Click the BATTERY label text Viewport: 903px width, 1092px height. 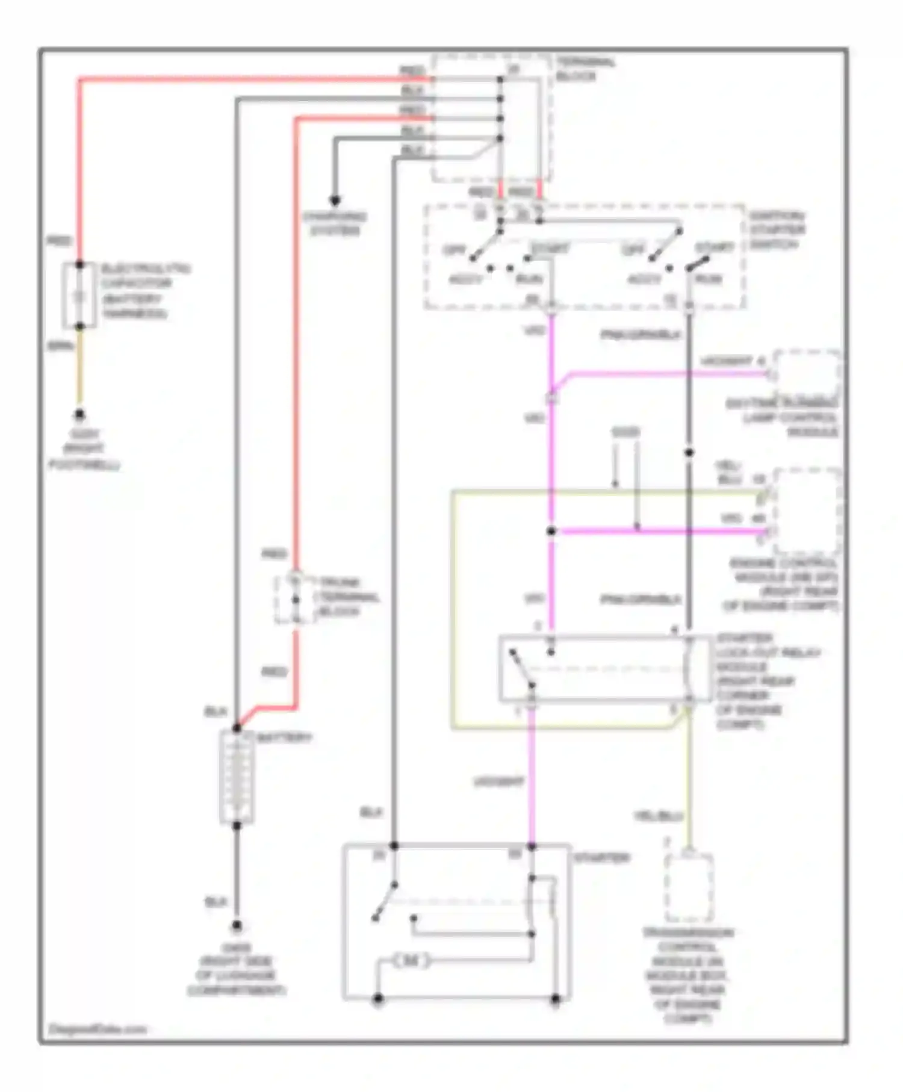(284, 737)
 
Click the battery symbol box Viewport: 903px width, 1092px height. (237, 777)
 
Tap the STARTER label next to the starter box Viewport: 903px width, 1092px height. (601, 857)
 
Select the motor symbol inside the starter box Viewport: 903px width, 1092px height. (411, 961)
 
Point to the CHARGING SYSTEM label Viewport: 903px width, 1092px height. (335, 224)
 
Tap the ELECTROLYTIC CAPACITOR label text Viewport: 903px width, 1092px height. (144, 291)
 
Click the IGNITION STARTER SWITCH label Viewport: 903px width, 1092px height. (777, 230)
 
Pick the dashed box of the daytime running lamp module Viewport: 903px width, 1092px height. (807, 373)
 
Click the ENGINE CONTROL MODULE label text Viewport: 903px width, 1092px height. (783, 584)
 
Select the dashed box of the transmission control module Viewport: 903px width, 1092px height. (689, 887)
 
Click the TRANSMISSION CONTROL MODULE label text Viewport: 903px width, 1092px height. (687, 975)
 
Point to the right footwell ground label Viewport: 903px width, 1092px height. (84, 449)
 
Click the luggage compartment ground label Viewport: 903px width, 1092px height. (236, 969)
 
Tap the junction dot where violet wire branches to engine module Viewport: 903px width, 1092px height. (551, 531)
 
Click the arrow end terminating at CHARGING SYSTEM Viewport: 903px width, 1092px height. (335, 200)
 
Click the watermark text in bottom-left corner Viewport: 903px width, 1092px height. (96, 1029)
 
